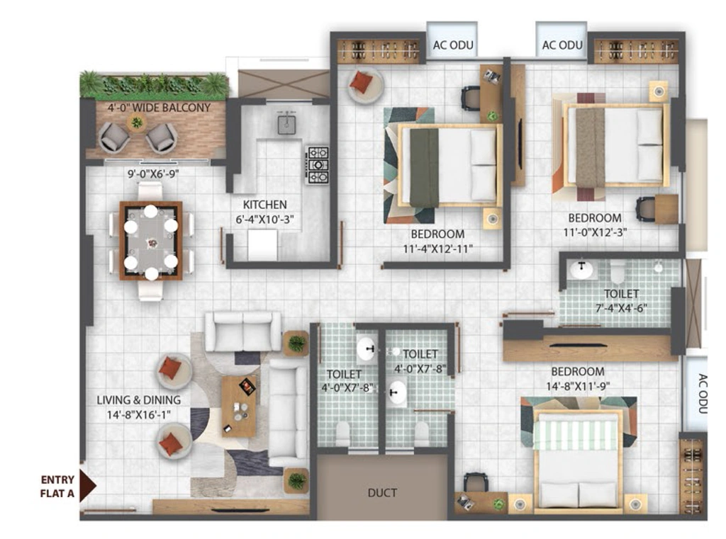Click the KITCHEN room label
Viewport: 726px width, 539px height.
click(x=265, y=205)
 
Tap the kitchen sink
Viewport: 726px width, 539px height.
click(x=286, y=124)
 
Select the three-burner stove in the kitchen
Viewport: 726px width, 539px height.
click(x=317, y=165)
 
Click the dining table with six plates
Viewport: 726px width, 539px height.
click(x=151, y=241)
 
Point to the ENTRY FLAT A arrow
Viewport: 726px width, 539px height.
click(x=87, y=486)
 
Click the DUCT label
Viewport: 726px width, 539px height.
click(x=382, y=493)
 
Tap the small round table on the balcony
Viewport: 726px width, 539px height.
click(x=137, y=123)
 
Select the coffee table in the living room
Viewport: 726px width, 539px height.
click(x=238, y=407)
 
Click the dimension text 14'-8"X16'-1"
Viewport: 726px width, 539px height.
click(x=138, y=415)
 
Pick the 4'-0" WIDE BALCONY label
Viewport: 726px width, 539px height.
click(x=159, y=108)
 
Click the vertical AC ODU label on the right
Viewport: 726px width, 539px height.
click(x=703, y=393)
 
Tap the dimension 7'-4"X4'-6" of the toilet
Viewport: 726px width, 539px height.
click(x=621, y=308)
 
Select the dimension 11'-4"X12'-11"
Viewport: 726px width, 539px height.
click(x=437, y=249)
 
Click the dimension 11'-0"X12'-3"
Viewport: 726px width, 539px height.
click(x=595, y=232)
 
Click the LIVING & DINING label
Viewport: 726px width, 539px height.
click(x=138, y=400)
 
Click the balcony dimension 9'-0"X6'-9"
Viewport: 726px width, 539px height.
click(x=153, y=174)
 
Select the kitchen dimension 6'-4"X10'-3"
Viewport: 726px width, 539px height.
click(x=265, y=220)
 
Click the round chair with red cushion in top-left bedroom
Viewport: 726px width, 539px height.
click(x=365, y=85)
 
